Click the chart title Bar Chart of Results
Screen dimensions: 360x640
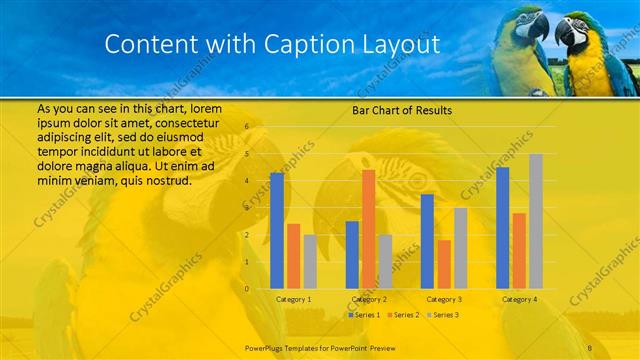(x=401, y=110)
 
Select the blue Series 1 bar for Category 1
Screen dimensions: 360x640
(x=277, y=230)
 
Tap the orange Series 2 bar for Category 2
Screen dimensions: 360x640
(x=369, y=229)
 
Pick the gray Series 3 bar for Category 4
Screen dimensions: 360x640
(x=536, y=221)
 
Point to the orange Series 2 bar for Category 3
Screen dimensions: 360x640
(x=444, y=264)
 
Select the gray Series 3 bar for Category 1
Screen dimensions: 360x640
(x=310, y=261)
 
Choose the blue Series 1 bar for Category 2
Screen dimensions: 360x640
(x=352, y=254)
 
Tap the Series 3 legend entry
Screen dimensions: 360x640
(x=443, y=315)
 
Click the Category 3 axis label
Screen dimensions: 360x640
(x=444, y=299)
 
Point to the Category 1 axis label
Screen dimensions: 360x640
(x=293, y=299)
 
